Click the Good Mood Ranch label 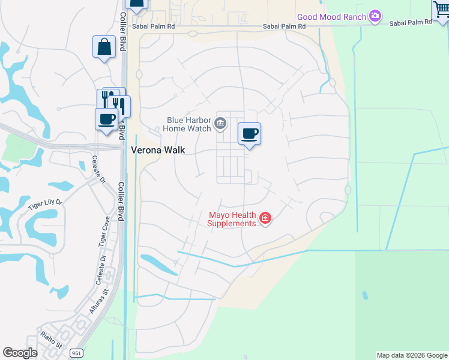331,17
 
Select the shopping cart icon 441,10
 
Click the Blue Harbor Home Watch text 188,124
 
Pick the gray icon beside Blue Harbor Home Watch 220,124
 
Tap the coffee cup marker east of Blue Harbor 250,134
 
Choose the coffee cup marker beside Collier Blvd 107,119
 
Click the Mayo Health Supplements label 232,219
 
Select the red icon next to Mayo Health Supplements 265,218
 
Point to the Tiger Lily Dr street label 45,205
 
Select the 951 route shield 76,353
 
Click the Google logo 20,353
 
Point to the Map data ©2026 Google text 412,355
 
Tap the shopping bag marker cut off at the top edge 137,4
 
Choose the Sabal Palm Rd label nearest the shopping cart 411,23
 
